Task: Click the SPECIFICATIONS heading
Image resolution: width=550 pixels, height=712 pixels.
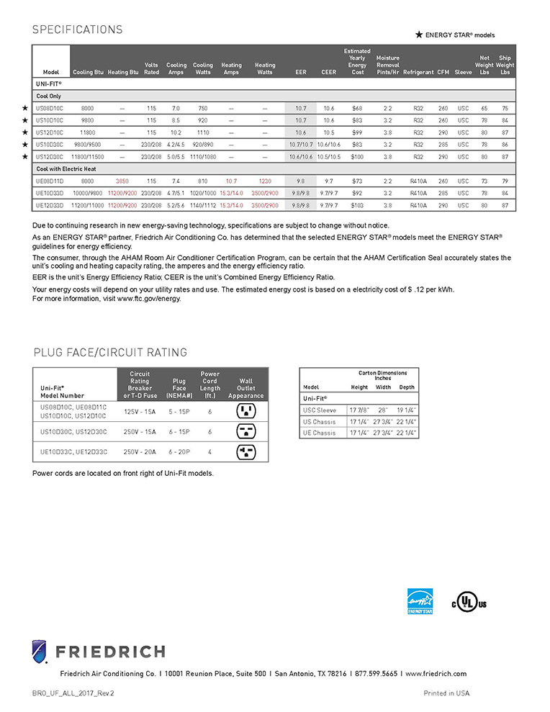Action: [77, 30]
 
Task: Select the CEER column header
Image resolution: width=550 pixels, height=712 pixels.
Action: [328, 73]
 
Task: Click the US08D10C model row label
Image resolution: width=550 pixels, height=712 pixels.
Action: [50, 108]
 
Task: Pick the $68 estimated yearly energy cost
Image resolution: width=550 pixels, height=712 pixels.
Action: [357, 108]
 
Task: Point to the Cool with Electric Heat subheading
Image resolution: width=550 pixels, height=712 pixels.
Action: [66, 169]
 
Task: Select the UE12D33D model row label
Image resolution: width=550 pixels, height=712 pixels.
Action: [50, 206]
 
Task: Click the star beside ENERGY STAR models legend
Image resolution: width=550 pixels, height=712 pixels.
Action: [419, 35]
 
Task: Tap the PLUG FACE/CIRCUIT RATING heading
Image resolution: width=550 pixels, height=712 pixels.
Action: [110, 353]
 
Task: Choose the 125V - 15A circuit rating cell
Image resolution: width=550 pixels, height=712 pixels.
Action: [140, 412]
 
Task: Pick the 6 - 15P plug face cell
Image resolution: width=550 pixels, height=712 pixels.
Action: [179, 432]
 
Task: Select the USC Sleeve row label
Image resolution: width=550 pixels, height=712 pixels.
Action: [320, 410]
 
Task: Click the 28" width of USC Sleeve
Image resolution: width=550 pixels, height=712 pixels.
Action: [382, 410]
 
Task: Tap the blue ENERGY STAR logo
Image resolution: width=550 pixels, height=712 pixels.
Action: [420, 601]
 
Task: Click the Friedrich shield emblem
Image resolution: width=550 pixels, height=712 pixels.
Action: [40, 652]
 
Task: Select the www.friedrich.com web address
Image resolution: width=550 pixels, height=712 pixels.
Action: [436, 674]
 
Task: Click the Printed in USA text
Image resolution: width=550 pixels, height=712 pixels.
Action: [446, 693]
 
